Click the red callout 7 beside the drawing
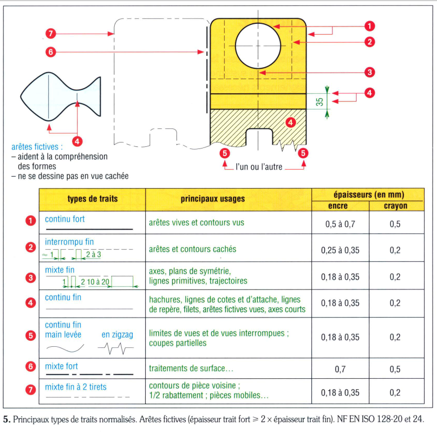tap(50, 34)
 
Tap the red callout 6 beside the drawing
tap(50, 52)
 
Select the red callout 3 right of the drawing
tap(370, 72)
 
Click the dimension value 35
tap(320, 101)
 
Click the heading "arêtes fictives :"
tap(37, 146)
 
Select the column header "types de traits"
tap(92, 199)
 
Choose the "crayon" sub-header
tap(395, 206)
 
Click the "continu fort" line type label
tap(65, 219)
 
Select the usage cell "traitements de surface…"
tap(191, 369)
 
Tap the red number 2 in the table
tap(31, 248)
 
